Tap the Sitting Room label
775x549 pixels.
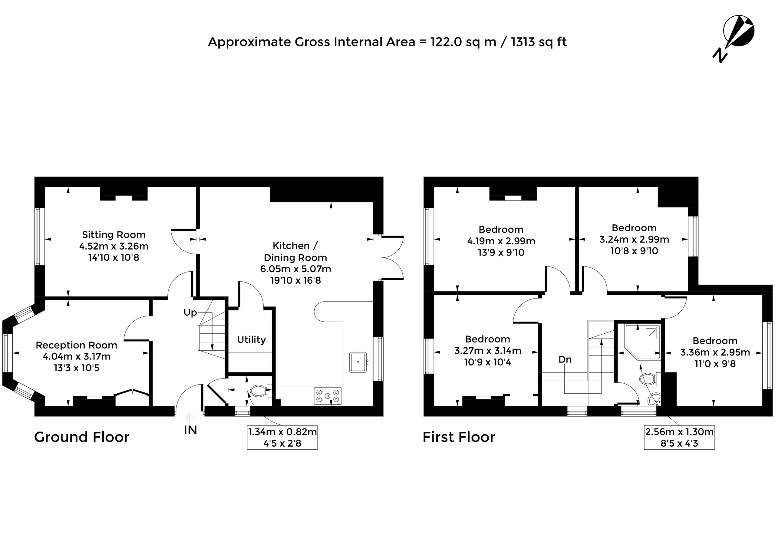114,235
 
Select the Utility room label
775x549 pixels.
251,339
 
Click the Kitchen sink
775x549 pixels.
358,362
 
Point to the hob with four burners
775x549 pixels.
328,395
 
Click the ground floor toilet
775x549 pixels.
261,391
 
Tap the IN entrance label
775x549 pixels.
190,430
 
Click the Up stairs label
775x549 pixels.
190,313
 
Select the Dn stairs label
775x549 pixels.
565,359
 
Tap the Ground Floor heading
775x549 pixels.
81,437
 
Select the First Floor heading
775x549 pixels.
459,437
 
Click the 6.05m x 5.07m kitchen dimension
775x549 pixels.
295,269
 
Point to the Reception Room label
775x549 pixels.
76,345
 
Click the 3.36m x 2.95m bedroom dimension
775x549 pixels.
715,352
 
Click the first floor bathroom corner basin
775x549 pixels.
654,399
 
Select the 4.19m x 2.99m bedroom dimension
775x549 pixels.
501,241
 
